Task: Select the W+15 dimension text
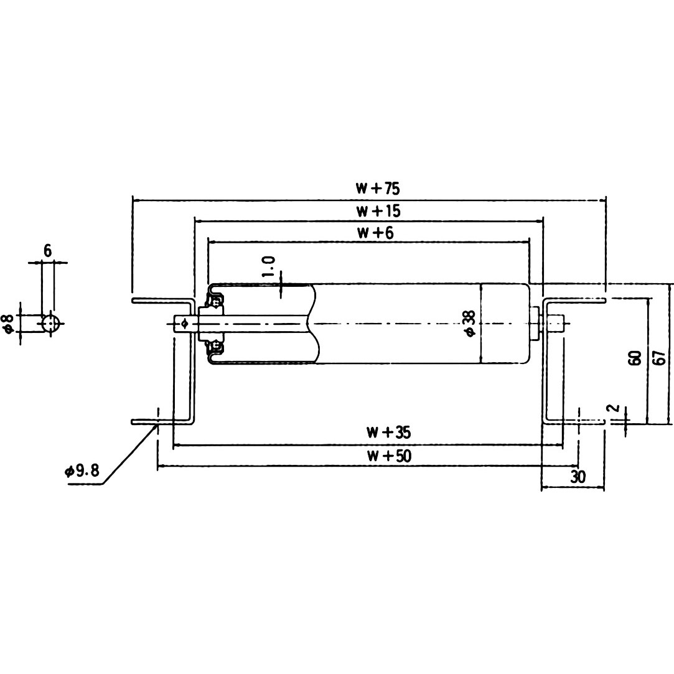pyautogui.click(x=378, y=211)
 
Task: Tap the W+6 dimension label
pyautogui.click(x=375, y=233)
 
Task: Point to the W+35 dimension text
pyautogui.click(x=388, y=432)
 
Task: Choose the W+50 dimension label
pyautogui.click(x=388, y=456)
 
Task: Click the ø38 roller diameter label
pyautogui.click(x=470, y=324)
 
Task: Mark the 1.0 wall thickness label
pyautogui.click(x=269, y=266)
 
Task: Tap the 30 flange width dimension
pyautogui.click(x=578, y=477)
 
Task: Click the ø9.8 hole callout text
pyautogui.click(x=82, y=471)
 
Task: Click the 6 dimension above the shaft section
pyautogui.click(x=47, y=251)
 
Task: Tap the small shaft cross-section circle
pyautogui.click(x=50, y=324)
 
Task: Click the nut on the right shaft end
pyautogui.click(x=536, y=324)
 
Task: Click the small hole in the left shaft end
pyautogui.click(x=184, y=322)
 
